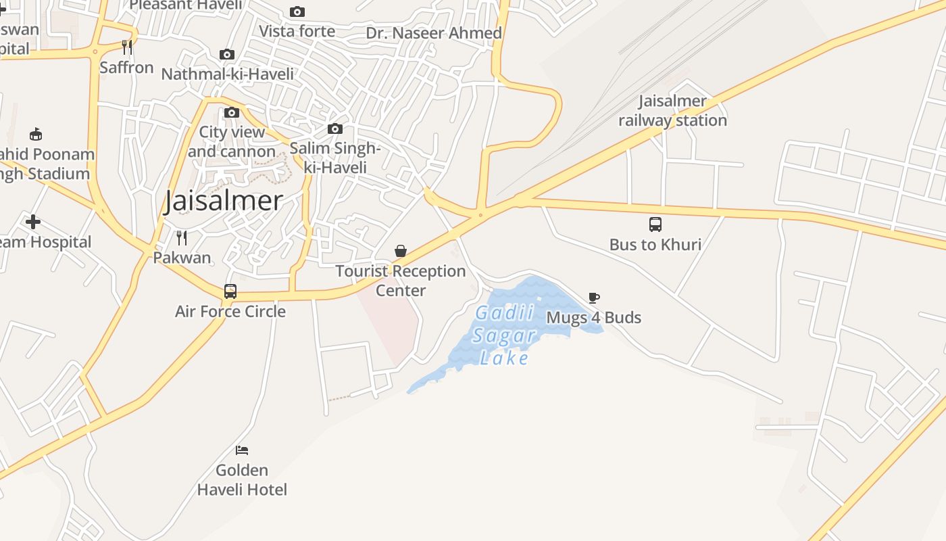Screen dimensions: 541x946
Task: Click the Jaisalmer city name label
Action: click(x=223, y=201)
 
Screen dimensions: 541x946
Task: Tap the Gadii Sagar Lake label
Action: click(x=505, y=335)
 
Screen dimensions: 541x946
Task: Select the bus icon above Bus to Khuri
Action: click(x=655, y=225)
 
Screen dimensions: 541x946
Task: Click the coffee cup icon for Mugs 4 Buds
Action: click(x=594, y=298)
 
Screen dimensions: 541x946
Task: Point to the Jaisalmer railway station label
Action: click(x=673, y=111)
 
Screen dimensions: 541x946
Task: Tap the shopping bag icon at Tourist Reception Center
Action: click(x=401, y=251)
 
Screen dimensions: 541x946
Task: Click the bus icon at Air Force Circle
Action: click(x=230, y=291)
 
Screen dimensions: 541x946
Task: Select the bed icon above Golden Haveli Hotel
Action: click(x=242, y=450)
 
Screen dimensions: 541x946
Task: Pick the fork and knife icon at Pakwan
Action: click(x=181, y=237)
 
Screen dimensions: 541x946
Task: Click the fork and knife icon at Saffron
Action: click(x=126, y=47)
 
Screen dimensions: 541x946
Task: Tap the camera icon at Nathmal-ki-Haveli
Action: click(x=227, y=54)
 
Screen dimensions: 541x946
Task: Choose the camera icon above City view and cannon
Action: click(x=232, y=112)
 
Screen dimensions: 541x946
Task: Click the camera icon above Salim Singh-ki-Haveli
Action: click(x=334, y=128)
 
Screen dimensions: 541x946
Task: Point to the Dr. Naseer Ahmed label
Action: click(x=434, y=33)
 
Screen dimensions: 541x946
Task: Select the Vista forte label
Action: click(x=297, y=31)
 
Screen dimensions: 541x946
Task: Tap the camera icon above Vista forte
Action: click(x=297, y=11)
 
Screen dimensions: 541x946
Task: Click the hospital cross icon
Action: click(x=32, y=222)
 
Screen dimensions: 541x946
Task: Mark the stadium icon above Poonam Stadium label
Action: click(x=36, y=135)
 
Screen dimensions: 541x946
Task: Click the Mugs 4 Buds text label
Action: click(x=594, y=318)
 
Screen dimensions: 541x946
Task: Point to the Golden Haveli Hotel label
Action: click(x=242, y=479)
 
